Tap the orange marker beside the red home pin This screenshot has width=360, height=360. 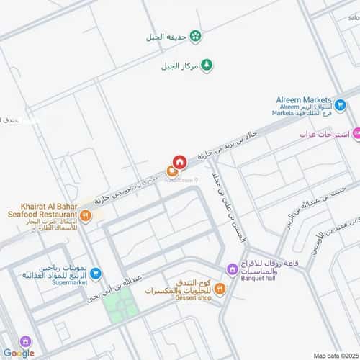click(x=172, y=171)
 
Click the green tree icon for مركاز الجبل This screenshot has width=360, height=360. click(x=207, y=66)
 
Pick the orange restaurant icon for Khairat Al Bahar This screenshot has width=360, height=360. click(x=86, y=215)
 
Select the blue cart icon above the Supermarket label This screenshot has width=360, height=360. click(x=95, y=273)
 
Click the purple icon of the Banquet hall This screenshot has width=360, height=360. click(x=232, y=270)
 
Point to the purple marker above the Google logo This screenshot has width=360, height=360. click(x=25, y=341)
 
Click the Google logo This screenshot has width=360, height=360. click(x=19, y=353)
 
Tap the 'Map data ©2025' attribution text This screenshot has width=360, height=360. click(x=333, y=354)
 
